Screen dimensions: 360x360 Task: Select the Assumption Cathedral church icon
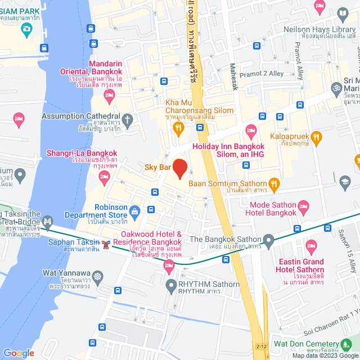(x=128, y=119)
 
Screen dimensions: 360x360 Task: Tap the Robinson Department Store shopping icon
(x=134, y=211)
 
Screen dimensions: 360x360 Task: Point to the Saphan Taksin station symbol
(x=106, y=244)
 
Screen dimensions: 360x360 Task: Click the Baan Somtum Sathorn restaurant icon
(x=274, y=183)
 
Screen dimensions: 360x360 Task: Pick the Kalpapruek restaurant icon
(x=316, y=136)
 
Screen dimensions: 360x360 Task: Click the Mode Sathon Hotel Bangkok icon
(x=304, y=206)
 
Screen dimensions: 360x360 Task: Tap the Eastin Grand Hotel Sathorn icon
(x=311, y=246)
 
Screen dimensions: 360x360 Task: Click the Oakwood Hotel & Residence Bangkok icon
(x=169, y=267)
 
